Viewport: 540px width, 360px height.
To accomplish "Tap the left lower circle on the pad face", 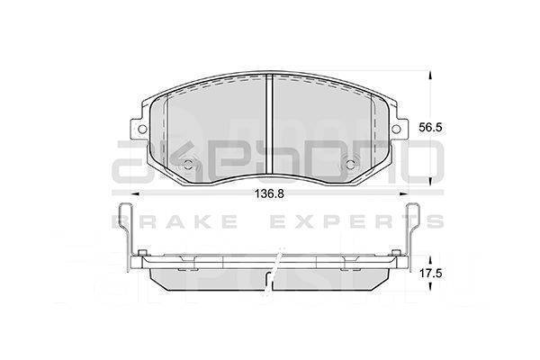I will click(189, 165).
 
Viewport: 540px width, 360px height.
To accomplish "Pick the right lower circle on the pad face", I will click(353, 165).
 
